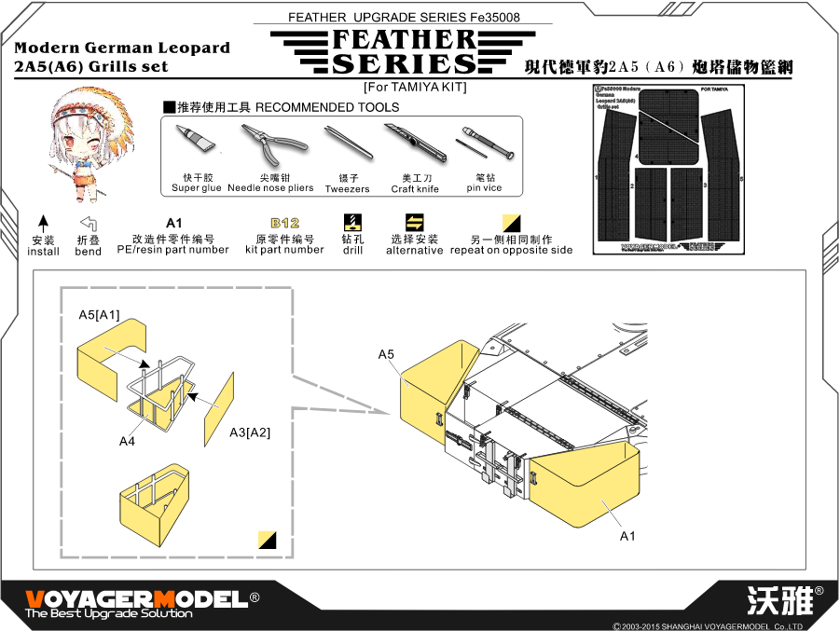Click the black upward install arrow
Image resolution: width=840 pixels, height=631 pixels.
43,224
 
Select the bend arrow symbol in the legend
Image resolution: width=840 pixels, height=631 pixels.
89,224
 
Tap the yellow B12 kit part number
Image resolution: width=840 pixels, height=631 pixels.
284,224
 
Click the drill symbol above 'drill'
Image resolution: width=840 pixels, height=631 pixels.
352,222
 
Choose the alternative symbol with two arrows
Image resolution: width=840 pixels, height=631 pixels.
415,222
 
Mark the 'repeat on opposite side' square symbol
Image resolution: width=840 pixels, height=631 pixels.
511,223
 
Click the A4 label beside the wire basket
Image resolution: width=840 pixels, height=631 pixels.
128,441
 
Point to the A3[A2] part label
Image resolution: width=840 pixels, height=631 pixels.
250,432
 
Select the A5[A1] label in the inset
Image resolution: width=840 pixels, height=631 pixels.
99,317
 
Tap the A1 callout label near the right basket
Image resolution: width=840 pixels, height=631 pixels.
627,536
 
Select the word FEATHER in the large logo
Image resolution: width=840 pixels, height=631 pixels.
390,40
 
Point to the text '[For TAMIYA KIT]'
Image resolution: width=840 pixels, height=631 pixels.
414,87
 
